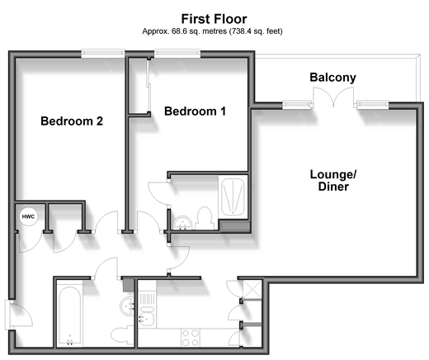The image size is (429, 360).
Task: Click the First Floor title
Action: point(214,19)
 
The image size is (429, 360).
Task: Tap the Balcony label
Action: point(332,78)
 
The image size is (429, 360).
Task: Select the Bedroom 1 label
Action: point(195,111)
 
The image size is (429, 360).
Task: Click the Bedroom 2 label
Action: point(72,121)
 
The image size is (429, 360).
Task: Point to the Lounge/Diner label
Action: point(333,180)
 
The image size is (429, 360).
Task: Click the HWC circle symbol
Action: point(28,216)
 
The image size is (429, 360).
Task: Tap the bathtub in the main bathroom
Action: point(69,314)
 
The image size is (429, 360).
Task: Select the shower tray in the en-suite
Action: point(233,197)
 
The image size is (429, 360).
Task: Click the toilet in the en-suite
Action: point(204,218)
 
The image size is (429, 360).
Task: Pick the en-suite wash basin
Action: point(182,223)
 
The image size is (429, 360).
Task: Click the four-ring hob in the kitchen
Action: point(191,338)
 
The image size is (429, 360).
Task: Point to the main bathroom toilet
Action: point(122,334)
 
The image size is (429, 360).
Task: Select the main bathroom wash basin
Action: point(127,306)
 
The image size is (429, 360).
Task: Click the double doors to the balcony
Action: point(333,97)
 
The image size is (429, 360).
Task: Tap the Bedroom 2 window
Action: point(103,54)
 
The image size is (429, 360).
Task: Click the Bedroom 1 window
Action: point(177,54)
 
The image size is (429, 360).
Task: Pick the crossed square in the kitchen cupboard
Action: point(252,289)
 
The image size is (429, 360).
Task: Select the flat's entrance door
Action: point(19,315)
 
